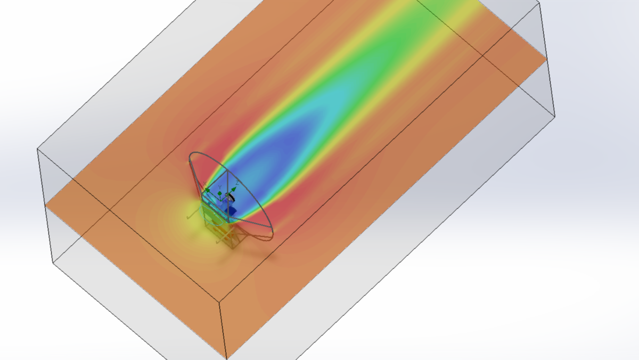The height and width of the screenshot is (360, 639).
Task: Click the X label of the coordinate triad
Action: pyautogui.click(x=205, y=184)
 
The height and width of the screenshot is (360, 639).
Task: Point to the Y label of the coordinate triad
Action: pyautogui.click(x=219, y=187)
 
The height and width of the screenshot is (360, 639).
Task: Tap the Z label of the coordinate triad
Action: pyautogui.click(x=236, y=183)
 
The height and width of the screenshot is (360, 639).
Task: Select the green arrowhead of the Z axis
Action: pyautogui.click(x=234, y=189)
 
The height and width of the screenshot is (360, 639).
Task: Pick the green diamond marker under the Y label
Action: pyautogui.click(x=219, y=193)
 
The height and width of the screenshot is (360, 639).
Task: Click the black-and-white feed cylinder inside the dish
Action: pyautogui.click(x=231, y=198)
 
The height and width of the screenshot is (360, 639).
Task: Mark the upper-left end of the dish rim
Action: pyautogui.click(x=191, y=157)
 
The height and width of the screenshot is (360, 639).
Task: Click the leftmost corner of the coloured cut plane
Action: pyautogui.click(x=46, y=204)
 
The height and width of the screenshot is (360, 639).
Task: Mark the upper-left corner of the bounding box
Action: pyautogui.click(x=37, y=149)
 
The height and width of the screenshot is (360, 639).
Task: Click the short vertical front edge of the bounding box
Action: pyautogui.click(x=224, y=330)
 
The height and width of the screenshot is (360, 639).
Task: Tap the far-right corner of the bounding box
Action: pyautogui.click(x=554, y=115)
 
